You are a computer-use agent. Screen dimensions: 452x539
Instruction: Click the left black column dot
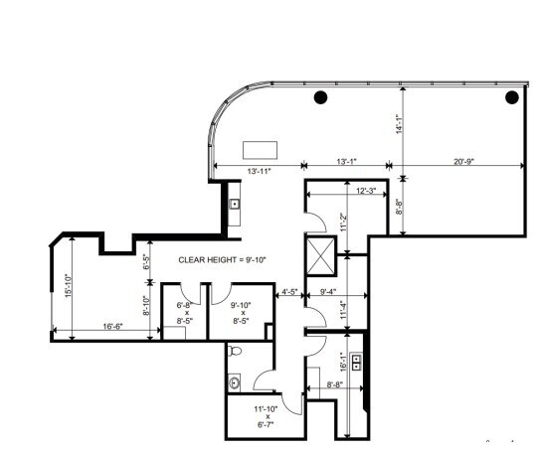coord(321,97)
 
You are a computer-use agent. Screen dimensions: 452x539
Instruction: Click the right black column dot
coord(512,97)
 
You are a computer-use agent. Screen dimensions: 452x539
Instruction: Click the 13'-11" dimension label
coord(260,173)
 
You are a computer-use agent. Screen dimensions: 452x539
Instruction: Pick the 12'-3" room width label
coord(367,190)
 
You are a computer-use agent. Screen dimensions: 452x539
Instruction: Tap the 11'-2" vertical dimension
coord(343,224)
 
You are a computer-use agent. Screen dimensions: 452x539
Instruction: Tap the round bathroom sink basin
coord(235,382)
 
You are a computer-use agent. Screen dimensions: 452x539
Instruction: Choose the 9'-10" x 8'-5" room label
coord(239,313)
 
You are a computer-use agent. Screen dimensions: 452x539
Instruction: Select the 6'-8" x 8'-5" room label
coord(184,313)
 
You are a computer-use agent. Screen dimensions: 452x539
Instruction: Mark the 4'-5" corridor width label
coord(290,293)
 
